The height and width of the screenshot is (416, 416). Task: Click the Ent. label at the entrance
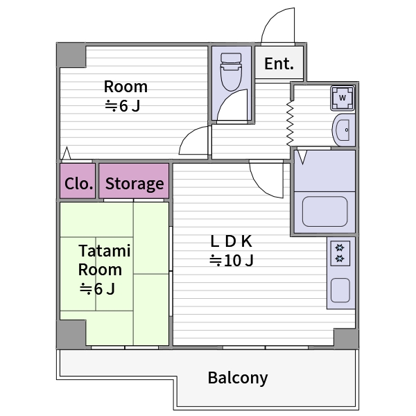pyautogui.click(x=279, y=64)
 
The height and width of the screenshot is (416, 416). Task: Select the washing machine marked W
pyautogui.click(x=343, y=98)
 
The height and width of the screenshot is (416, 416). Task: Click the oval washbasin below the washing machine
pyautogui.click(x=343, y=129)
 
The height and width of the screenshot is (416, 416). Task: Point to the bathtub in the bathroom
pyautogui.click(x=324, y=211)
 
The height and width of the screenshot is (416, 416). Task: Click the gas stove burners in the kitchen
pyautogui.click(x=340, y=253)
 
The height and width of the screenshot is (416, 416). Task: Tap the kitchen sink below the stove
pyautogui.click(x=340, y=290)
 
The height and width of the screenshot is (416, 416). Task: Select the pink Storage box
pyautogui.click(x=135, y=183)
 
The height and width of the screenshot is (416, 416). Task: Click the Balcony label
pyautogui.click(x=238, y=378)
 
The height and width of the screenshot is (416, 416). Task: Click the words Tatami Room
pyautogui.click(x=103, y=260)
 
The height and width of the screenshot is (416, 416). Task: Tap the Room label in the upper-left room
pyautogui.click(x=125, y=87)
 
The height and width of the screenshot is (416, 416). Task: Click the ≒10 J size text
pyautogui.click(x=232, y=261)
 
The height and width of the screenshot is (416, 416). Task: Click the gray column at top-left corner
pyautogui.click(x=70, y=55)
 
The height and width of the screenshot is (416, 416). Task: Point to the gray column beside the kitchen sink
pyautogui.click(x=345, y=338)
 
